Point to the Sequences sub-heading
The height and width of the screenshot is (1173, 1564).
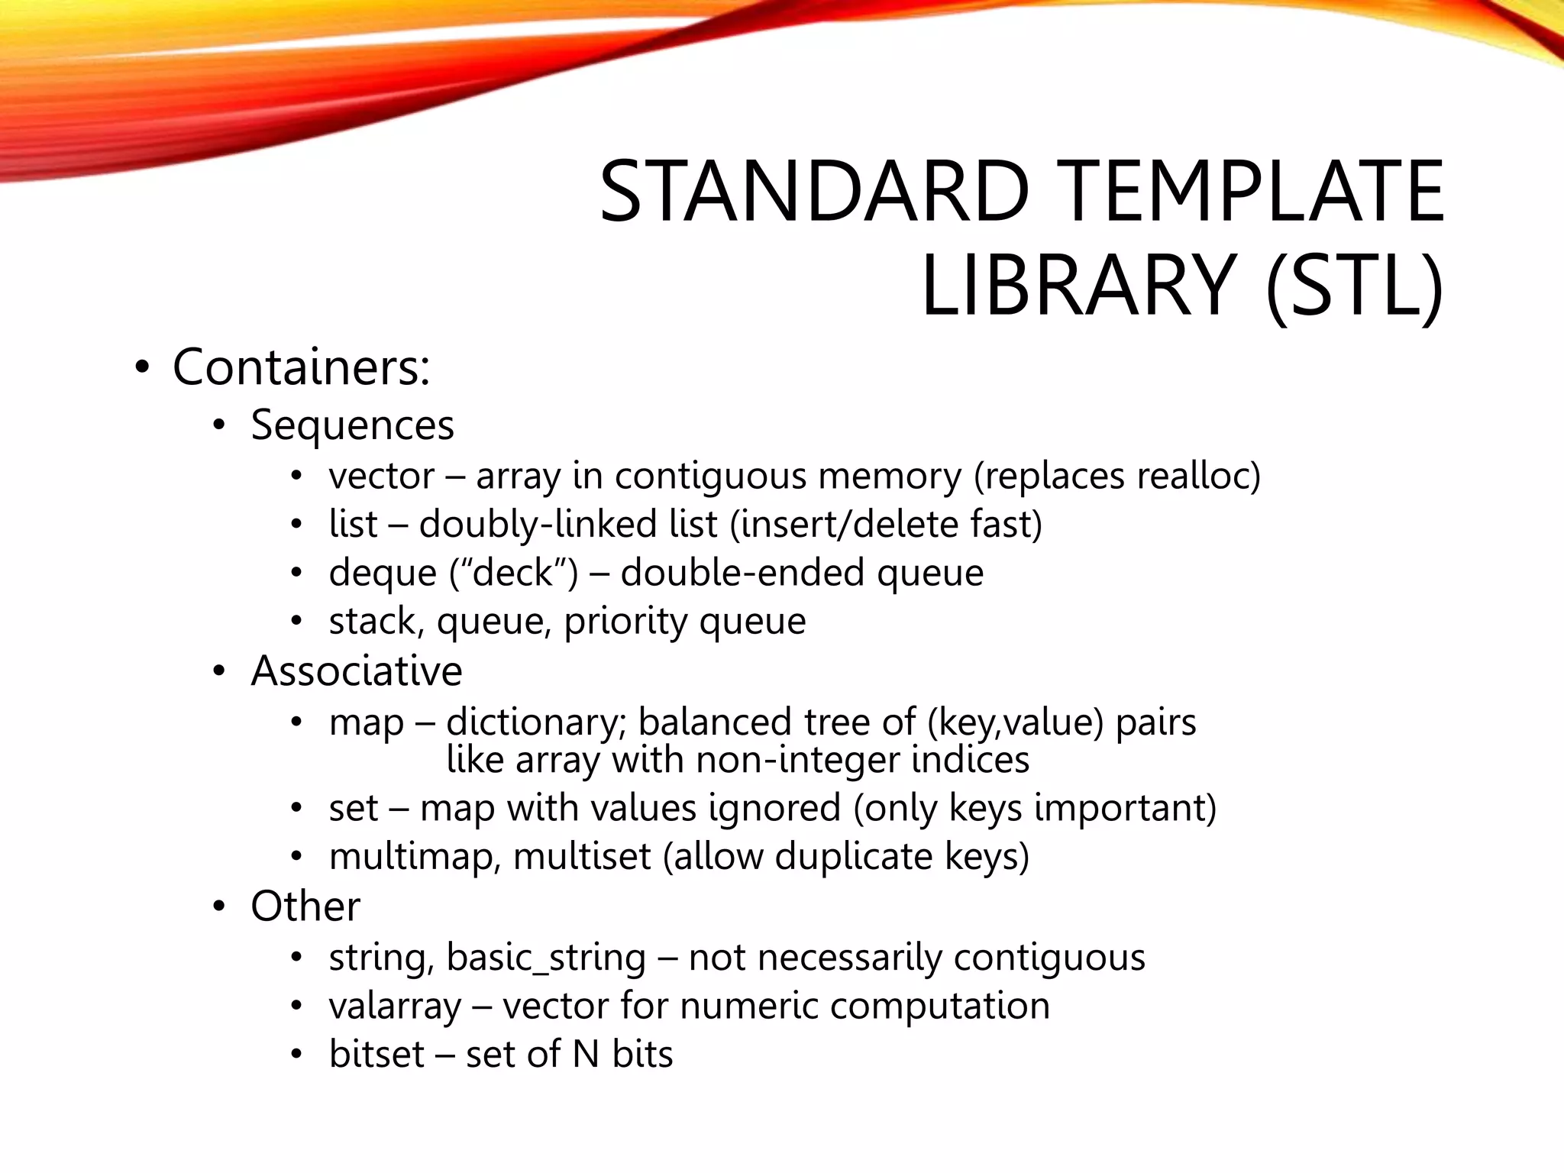[x=352, y=425]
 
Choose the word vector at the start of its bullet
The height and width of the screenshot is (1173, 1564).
[x=382, y=477]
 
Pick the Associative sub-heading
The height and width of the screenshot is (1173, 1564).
[x=356, y=671]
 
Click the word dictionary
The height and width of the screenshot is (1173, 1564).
[x=535, y=722]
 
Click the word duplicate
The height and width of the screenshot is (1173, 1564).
[x=853, y=857]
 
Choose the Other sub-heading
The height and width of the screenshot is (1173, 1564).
[x=305, y=906]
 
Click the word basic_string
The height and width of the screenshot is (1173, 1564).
[x=546, y=958]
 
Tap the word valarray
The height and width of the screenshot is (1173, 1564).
[x=395, y=1007]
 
